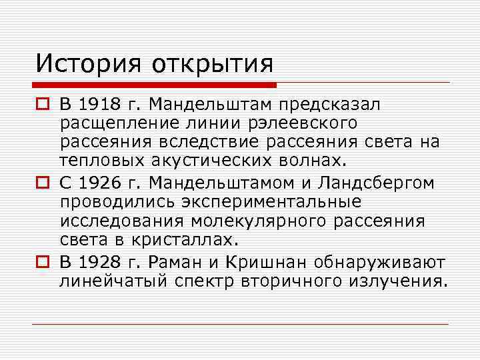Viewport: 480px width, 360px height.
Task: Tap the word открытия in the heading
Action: coord(213,64)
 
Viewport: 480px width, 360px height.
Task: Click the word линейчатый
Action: coord(113,281)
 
